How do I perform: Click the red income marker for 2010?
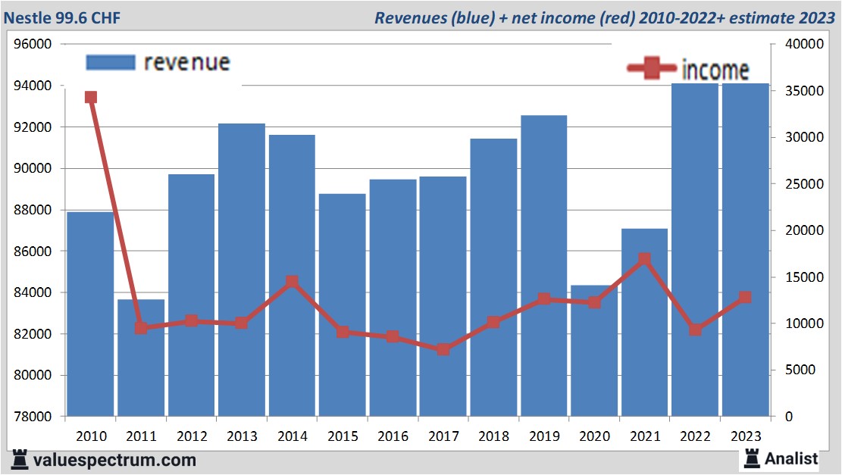coord(91,97)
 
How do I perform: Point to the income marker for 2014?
coord(292,282)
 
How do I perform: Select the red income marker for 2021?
coord(644,259)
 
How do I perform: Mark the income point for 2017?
coord(443,349)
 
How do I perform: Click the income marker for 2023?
coord(745,298)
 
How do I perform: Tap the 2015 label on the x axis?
coord(343,436)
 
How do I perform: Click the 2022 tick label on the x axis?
coord(695,436)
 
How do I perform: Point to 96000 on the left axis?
coord(33,44)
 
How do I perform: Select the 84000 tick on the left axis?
coord(33,292)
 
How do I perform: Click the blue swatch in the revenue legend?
coord(110,62)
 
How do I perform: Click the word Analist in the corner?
coord(790,458)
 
